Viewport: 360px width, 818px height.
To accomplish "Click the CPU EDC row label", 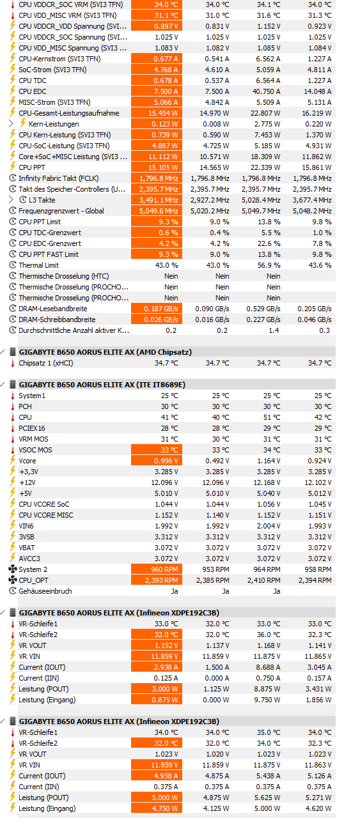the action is click(32, 91).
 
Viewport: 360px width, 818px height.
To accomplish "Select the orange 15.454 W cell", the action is click(157, 113).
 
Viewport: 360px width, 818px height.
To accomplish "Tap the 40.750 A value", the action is click(266, 91).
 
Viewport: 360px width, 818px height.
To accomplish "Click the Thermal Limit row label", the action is click(38, 265).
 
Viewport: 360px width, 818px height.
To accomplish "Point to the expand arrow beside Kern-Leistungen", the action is click(11, 123).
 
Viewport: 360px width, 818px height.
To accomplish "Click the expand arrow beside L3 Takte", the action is click(11, 199).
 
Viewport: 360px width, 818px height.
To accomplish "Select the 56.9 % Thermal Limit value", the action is click(269, 265).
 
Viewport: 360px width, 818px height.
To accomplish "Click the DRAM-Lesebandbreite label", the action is click(52, 309).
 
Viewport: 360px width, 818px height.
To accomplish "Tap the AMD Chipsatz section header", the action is click(106, 352).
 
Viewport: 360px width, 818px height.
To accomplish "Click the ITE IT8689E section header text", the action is click(102, 385).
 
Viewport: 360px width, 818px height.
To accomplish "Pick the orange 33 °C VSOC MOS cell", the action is click(157, 450).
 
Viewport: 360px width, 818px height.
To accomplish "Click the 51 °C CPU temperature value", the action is click(274, 417).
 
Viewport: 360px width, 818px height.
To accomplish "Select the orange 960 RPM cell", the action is click(157, 569).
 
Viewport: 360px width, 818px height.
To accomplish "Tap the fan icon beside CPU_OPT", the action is click(12, 580).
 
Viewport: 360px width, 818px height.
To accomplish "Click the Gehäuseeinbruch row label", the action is click(45, 591).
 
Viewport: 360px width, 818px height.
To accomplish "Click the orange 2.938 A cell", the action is click(157, 667).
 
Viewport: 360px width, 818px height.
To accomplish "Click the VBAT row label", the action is click(27, 548).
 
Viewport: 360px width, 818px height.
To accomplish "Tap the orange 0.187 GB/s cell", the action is click(157, 309).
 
